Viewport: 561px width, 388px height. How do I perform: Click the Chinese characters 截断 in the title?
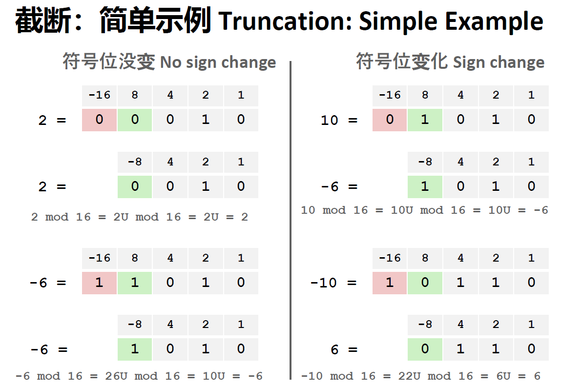[43, 20]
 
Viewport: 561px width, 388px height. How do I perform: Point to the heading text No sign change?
[218, 62]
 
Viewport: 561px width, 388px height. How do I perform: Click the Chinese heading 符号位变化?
[401, 61]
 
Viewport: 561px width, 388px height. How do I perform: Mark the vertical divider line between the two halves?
[291, 220]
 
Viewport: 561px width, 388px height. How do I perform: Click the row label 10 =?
[339, 120]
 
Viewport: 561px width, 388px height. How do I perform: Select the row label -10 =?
[333, 283]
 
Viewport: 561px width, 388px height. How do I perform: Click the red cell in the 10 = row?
[390, 120]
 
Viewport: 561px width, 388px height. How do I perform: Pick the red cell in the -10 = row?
[390, 283]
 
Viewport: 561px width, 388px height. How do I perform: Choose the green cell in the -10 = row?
[425, 283]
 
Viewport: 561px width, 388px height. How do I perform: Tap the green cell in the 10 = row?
[425, 120]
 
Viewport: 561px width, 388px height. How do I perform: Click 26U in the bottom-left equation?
[116, 376]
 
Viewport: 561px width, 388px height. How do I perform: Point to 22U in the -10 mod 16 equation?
[410, 376]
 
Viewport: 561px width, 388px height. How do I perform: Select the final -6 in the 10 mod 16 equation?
[540, 210]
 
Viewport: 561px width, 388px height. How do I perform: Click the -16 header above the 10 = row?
[390, 95]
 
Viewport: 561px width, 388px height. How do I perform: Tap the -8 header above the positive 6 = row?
[425, 325]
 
